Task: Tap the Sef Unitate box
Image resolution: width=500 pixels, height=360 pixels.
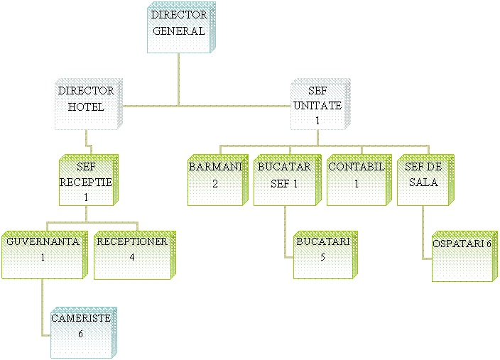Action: [318, 106]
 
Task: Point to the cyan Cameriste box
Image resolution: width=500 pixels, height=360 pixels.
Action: [82, 333]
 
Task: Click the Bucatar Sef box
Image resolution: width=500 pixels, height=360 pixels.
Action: [283, 181]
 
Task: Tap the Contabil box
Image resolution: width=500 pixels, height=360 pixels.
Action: [356, 181]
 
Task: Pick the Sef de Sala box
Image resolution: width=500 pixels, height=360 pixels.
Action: [423, 181]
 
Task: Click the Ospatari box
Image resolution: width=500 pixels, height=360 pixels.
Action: [461, 256]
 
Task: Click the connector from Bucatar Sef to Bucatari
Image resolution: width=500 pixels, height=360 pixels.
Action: [285, 234]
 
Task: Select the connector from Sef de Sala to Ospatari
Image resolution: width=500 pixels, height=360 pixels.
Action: [424, 234]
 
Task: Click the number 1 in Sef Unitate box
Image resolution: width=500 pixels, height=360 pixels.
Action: [317, 121]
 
